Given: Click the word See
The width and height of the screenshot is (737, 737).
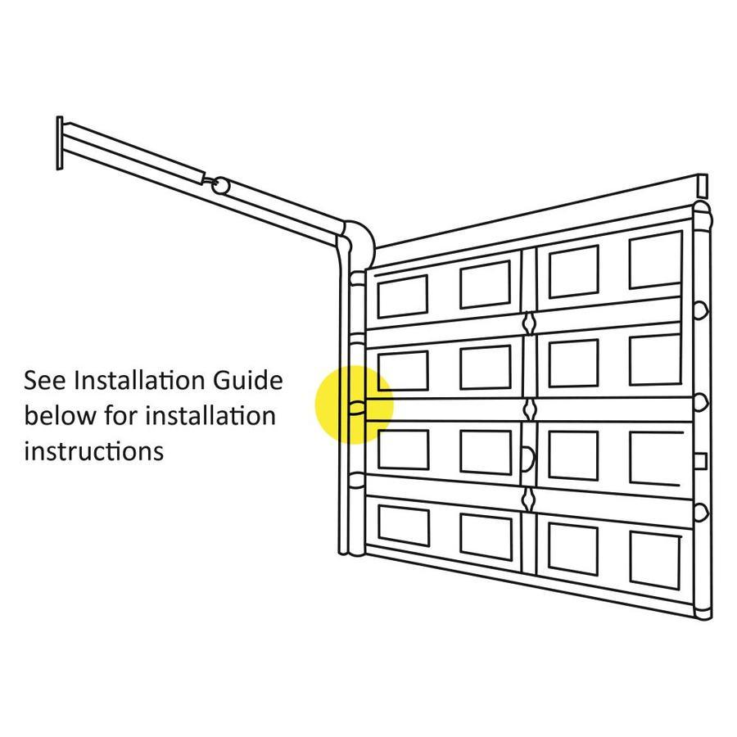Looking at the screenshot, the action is click(45, 381).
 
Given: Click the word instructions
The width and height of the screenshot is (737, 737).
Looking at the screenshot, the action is click(94, 451).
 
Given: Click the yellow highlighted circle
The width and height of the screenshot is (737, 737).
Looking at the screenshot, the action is click(354, 405).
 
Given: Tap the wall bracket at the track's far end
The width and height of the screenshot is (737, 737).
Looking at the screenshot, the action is click(60, 142).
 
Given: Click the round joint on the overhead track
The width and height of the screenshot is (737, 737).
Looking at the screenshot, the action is click(220, 185).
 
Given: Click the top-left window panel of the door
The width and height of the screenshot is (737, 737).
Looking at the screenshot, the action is click(402, 296).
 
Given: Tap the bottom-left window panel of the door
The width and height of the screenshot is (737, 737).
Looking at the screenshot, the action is click(404, 526).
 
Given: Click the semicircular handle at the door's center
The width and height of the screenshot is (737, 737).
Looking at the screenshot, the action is click(529, 459).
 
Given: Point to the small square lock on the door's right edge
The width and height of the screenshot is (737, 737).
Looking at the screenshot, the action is click(700, 462).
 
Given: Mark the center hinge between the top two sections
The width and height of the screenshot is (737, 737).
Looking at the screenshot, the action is click(529, 323).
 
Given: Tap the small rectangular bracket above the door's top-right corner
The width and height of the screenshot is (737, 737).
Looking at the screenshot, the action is click(703, 186).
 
